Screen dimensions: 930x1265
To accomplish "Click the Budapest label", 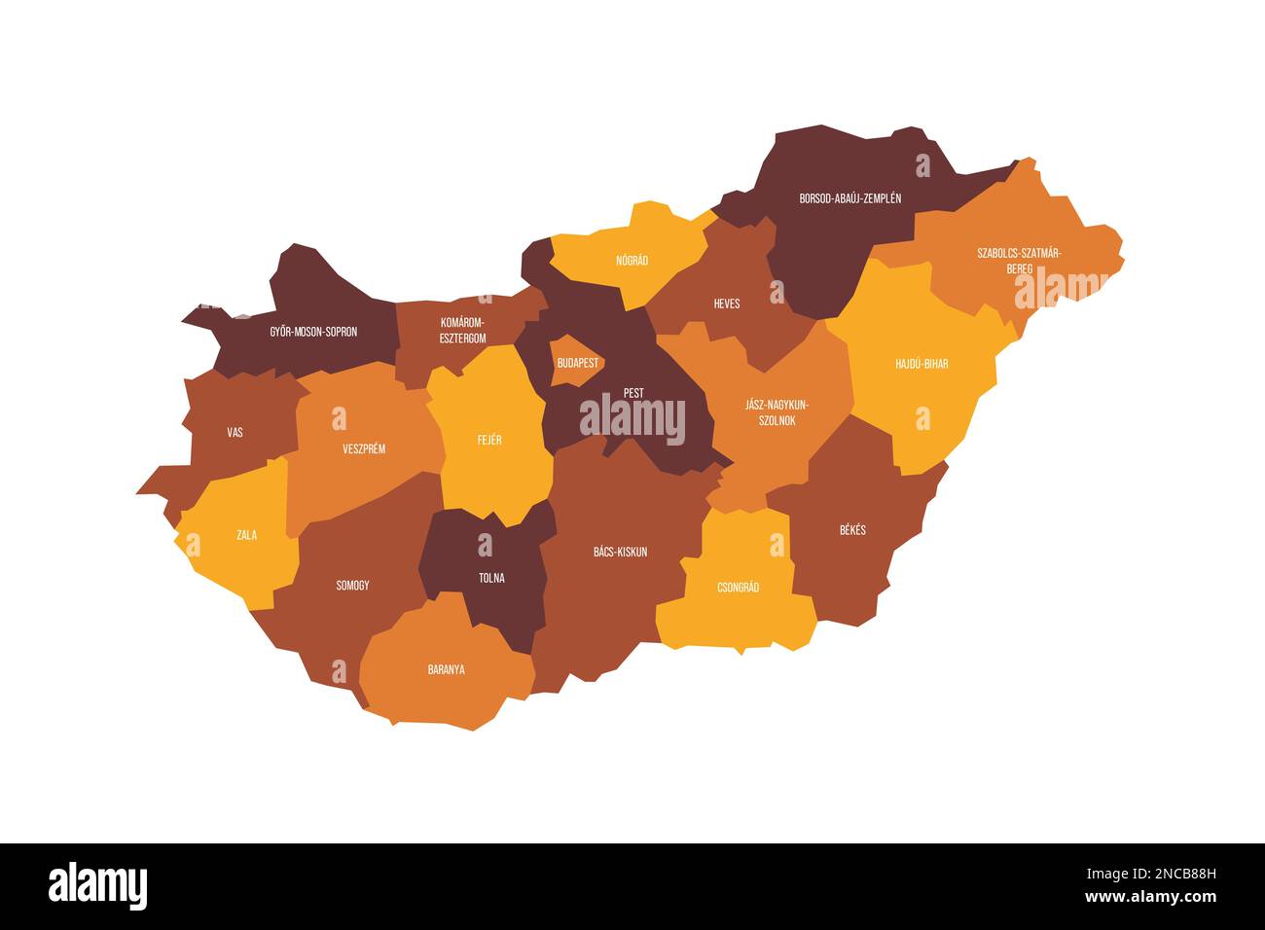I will pos(578,362).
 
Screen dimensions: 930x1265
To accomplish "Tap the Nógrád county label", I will pos(632,261).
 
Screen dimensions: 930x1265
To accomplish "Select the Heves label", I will pos(727,304).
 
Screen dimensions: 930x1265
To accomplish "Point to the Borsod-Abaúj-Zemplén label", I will pos(850,198).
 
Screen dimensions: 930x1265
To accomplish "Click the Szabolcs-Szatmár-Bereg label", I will pos(1019,260).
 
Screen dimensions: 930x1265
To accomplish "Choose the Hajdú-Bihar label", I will pos(922,364).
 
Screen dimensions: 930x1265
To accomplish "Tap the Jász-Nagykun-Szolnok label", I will pos(771,412).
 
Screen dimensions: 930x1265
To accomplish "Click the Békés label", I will pos(852,530).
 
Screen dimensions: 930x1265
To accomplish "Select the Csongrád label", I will pos(738,588).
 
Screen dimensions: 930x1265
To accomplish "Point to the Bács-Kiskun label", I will pos(620,552).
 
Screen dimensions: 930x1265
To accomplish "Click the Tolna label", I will pos(491,578).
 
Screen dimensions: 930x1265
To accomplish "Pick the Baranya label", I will pos(447,669).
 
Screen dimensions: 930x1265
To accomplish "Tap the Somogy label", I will pos(352,586).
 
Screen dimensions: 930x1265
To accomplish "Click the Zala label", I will pos(247,534).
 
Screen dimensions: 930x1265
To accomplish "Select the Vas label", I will pos(235,432).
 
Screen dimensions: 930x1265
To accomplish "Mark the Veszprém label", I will pos(364,448).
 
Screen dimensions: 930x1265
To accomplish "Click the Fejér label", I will pos(489,440).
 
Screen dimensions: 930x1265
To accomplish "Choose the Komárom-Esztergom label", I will pos(462,331).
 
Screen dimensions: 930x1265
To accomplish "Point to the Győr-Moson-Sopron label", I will pos(313,332).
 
